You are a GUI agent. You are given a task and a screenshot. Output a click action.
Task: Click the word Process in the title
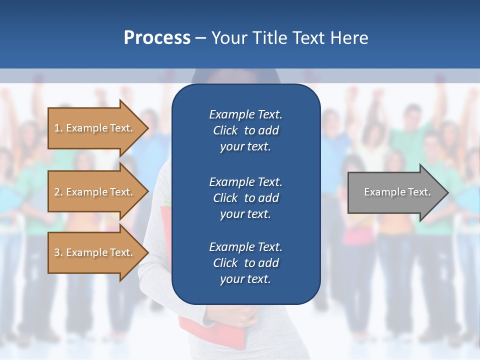(157, 37)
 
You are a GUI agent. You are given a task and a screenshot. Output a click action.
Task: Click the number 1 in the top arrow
(57, 128)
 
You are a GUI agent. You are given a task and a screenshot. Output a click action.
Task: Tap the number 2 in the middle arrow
(57, 192)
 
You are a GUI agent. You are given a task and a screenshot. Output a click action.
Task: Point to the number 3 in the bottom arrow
(57, 252)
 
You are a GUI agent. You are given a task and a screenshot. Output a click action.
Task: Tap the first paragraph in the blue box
(245, 130)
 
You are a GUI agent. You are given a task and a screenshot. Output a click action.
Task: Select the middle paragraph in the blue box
(245, 198)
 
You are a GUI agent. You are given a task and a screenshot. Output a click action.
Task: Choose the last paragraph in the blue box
(245, 263)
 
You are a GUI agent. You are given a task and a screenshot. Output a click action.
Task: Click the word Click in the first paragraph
(225, 131)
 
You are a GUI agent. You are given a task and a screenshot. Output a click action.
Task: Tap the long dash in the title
(200, 38)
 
